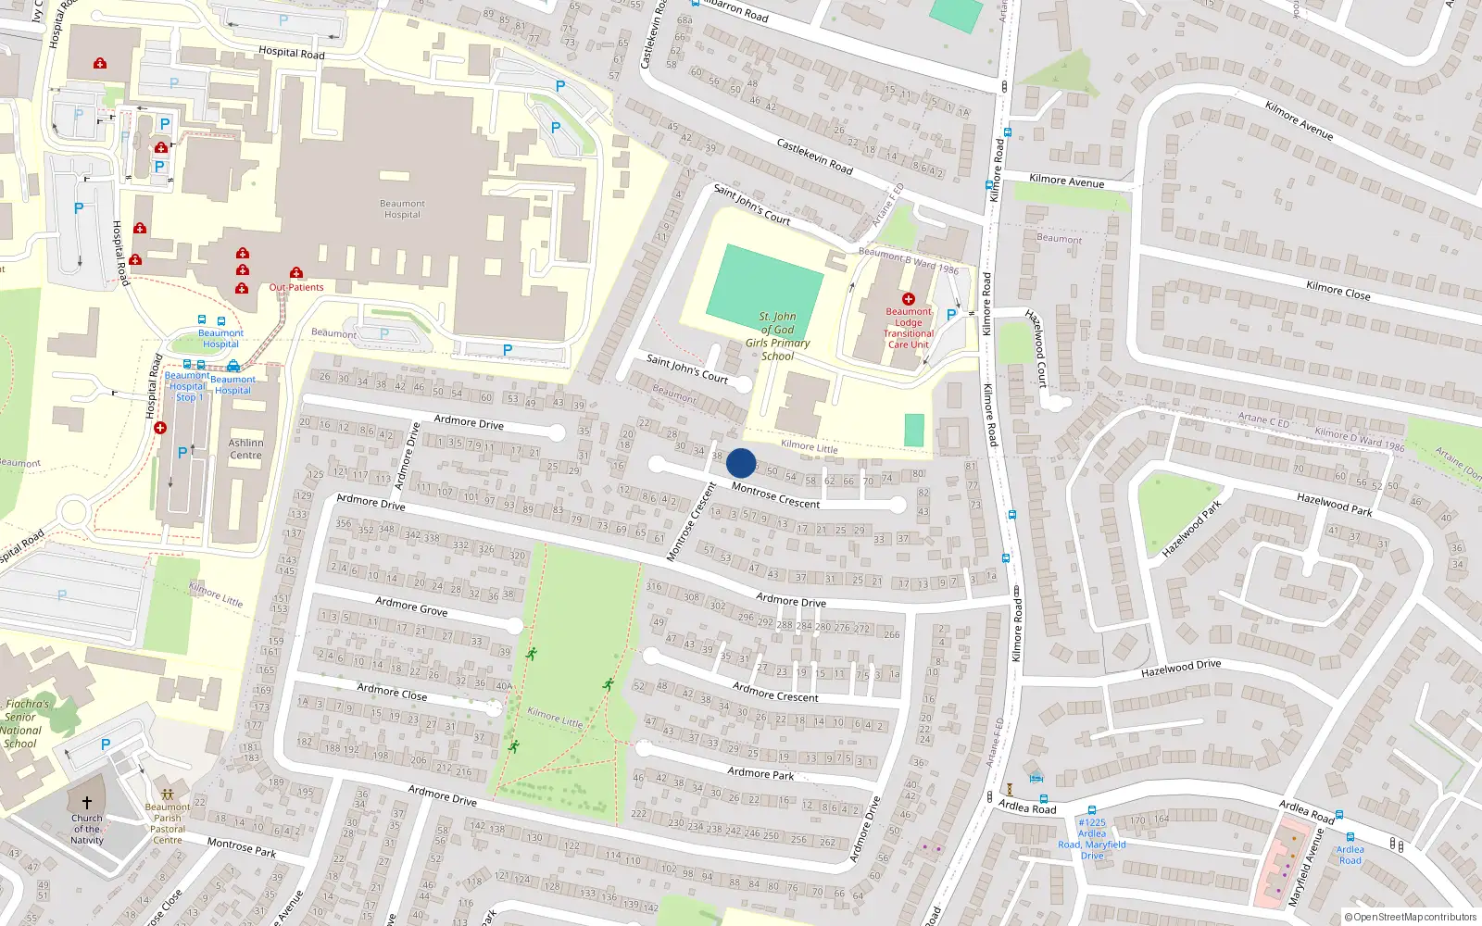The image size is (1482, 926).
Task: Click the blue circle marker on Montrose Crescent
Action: (x=741, y=463)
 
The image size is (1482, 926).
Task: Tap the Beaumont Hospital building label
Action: (x=402, y=209)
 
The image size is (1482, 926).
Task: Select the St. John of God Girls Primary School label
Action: (x=778, y=336)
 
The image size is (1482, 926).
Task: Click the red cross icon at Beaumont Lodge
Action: (x=908, y=299)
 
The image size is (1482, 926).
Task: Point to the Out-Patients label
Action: (x=296, y=287)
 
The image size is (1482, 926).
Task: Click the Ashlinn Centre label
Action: (x=245, y=449)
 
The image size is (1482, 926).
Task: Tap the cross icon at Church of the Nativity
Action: (x=87, y=803)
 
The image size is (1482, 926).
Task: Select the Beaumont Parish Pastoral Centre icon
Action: (x=168, y=795)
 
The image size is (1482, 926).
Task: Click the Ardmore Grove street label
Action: (x=411, y=607)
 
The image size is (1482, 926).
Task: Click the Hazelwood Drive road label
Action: (x=1181, y=668)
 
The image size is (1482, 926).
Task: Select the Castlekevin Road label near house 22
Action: (x=814, y=156)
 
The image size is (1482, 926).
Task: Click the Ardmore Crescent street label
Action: (x=775, y=692)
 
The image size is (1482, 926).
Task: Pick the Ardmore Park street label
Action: (x=760, y=773)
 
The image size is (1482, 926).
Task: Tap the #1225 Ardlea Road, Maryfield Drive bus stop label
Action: (x=1092, y=839)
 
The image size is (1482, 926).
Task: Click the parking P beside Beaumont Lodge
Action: (x=951, y=315)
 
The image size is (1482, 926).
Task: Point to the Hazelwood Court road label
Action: (x=1036, y=348)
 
